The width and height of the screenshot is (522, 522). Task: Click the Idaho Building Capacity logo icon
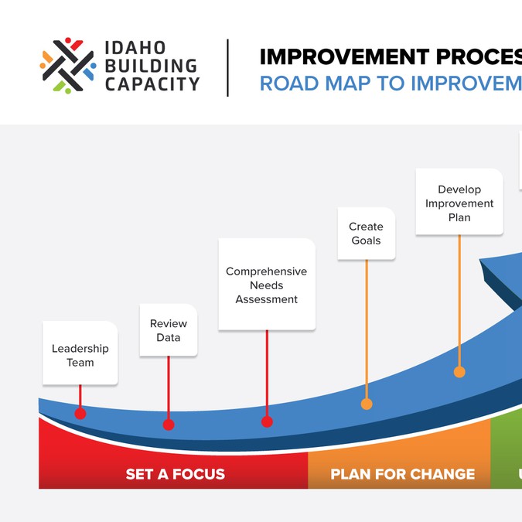pyautogui.click(x=68, y=66)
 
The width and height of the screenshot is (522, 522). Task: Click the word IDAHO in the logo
pyautogui.click(x=134, y=48)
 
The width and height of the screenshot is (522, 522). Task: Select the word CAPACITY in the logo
pyautogui.click(x=152, y=84)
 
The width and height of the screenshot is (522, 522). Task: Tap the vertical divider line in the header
pyautogui.click(x=228, y=68)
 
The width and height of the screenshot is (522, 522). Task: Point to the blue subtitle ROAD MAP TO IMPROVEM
pyautogui.click(x=391, y=84)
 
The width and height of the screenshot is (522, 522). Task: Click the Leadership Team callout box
pyautogui.click(x=80, y=355)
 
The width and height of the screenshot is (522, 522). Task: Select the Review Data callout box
pyautogui.click(x=169, y=330)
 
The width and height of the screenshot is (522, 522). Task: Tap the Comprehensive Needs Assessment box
pyautogui.click(x=267, y=285)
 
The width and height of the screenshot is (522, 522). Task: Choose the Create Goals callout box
pyautogui.click(x=367, y=234)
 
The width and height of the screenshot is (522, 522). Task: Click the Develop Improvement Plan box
pyautogui.click(x=459, y=203)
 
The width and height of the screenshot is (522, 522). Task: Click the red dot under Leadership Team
pyautogui.click(x=80, y=414)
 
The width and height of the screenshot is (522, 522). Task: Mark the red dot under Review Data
pyautogui.click(x=169, y=425)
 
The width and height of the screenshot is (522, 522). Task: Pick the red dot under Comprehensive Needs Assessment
pyautogui.click(x=267, y=421)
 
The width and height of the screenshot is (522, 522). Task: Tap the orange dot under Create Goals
pyautogui.click(x=367, y=404)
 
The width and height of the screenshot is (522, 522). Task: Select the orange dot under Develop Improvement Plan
pyautogui.click(x=459, y=372)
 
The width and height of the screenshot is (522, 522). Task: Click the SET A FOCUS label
pyautogui.click(x=176, y=474)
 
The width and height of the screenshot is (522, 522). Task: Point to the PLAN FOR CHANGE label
pyautogui.click(x=403, y=474)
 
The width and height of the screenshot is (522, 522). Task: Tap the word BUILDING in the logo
pyautogui.click(x=151, y=66)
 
